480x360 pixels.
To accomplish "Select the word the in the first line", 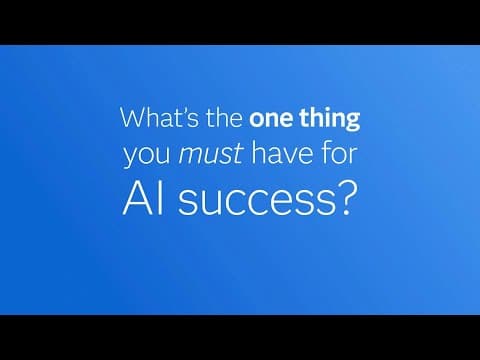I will tap(222, 118).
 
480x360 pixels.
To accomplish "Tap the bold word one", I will tap(272, 118).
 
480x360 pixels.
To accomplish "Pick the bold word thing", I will tap(330, 119).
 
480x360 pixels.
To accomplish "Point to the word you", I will tap(142, 157).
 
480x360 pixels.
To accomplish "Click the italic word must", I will tap(199, 156).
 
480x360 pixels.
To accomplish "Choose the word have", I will tap(265, 156).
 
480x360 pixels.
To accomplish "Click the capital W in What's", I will tap(132, 118).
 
